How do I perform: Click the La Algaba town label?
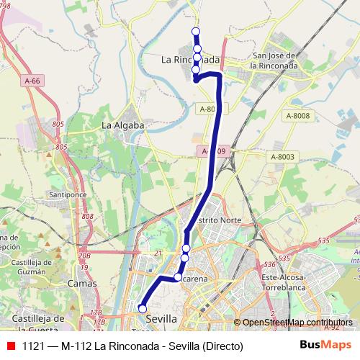(123, 125)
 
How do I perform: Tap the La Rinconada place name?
(190, 60)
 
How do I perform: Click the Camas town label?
(81, 284)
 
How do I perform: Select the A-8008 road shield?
(297, 115)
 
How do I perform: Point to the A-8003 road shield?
(283, 157)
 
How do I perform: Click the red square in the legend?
(10, 346)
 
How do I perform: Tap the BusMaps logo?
(326, 346)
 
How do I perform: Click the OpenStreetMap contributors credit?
(297, 323)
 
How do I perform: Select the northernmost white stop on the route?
(196, 31)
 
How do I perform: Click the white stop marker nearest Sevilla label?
(143, 310)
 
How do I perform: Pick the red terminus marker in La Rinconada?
(195, 81)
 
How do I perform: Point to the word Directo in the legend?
(222, 346)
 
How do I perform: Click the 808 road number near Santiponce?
(88, 216)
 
